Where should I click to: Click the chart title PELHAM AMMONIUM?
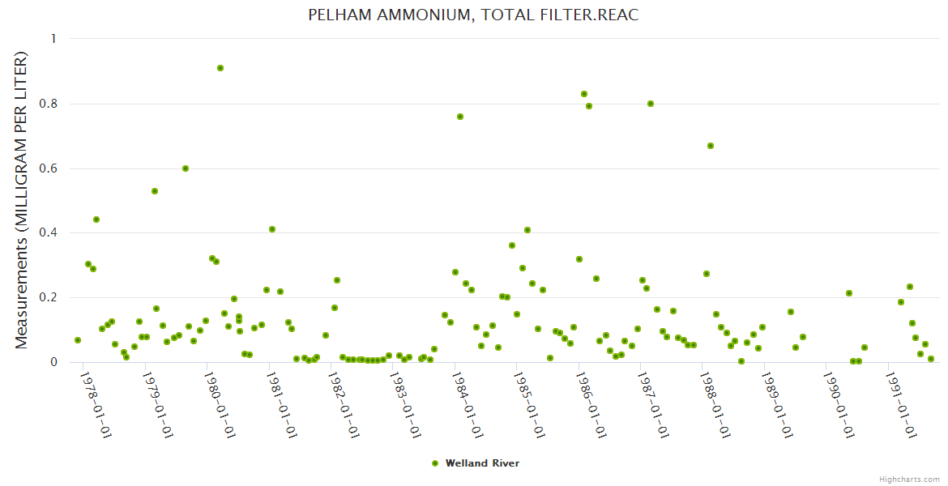pos(473,15)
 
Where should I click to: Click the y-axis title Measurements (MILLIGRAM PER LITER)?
pos(22,200)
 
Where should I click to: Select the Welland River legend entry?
pos(476,463)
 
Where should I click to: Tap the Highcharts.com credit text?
pos(909,479)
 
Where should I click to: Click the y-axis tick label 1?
pos(54,39)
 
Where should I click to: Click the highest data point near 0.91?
pos(220,68)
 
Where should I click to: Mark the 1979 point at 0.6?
pos(186,168)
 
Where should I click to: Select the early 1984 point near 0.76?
pos(460,117)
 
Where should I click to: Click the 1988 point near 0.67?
pos(711,146)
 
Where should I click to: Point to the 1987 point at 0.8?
pos(651,104)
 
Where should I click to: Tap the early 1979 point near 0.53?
pos(155,191)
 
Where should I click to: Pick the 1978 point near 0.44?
pos(96,220)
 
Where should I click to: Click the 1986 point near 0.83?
pos(584,94)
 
